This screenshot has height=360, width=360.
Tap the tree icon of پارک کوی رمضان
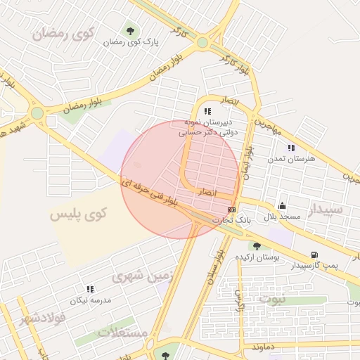pyautogui.click(x=131, y=30)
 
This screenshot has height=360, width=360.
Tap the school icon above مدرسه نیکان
pyautogui.click(x=90, y=289)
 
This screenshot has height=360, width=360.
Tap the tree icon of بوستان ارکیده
pyautogui.click(x=257, y=245)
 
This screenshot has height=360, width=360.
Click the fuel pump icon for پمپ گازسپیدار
pyautogui.click(x=314, y=255)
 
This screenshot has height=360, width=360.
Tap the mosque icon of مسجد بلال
pyautogui.click(x=282, y=205)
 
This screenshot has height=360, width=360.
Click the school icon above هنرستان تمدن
pyautogui.click(x=291, y=148)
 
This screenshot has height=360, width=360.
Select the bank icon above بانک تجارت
pyautogui.click(x=232, y=210)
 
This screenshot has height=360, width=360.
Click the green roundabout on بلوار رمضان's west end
pyautogui.click(x=37, y=113)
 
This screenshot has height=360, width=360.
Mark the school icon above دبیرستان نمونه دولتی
pyautogui.click(x=207, y=111)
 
